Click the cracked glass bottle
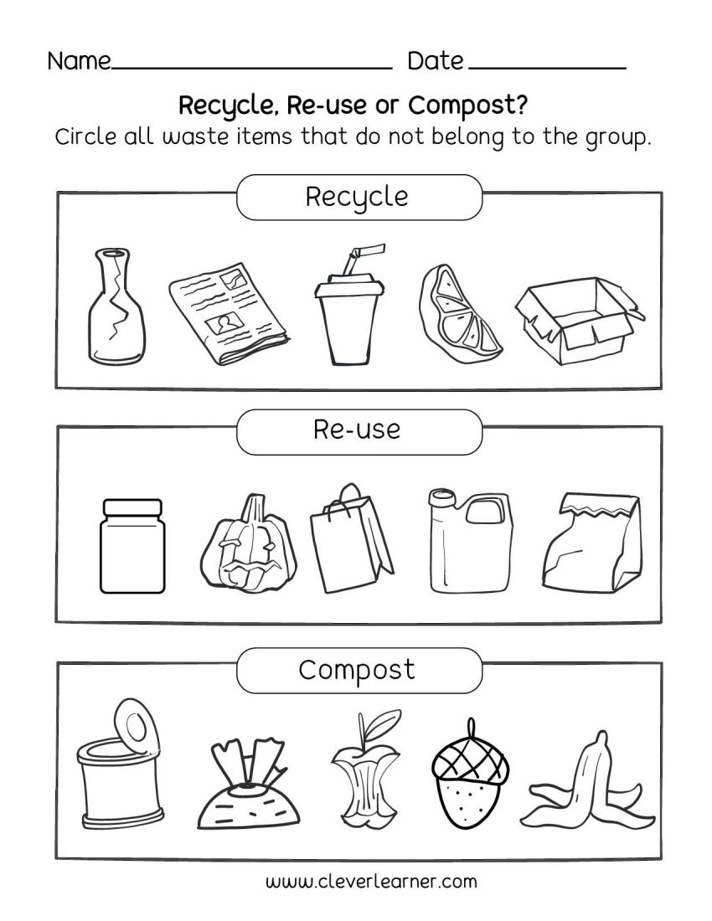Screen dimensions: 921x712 point(115,311)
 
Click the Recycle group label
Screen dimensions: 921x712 point(358,198)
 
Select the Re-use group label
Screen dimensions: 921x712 point(358,430)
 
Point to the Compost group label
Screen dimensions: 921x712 point(358,670)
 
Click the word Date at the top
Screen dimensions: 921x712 point(435,61)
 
